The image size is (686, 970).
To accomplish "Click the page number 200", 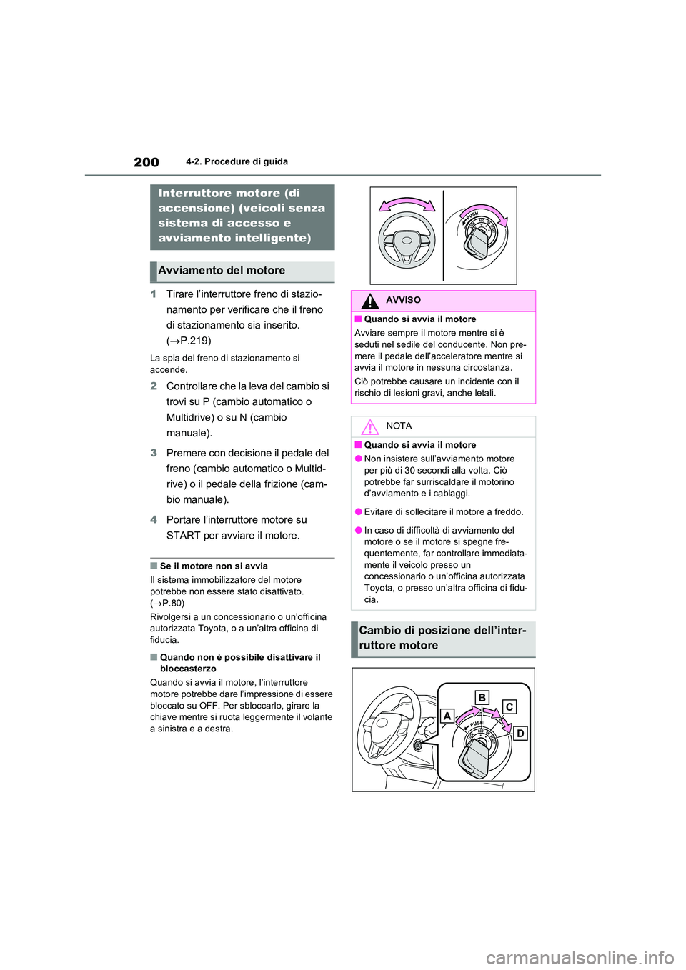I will tap(146, 162).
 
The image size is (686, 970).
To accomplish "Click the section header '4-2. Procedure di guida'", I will tap(237, 161).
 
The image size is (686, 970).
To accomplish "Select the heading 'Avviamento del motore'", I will tap(222, 271).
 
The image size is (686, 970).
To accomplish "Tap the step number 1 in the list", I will tap(154, 294).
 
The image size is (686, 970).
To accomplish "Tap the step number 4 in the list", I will tap(154, 520).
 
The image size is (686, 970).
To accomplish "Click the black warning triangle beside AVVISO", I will tap(369, 301).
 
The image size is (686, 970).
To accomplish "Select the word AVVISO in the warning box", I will tap(403, 300).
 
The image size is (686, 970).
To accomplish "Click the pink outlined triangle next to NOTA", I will tap(369, 427).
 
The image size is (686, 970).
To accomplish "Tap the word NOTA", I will tap(399, 426).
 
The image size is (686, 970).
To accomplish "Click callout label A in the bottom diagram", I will tap(447, 716).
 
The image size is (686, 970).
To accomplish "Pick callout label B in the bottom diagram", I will tap(482, 697).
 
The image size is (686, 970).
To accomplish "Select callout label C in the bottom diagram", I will tap(509, 706).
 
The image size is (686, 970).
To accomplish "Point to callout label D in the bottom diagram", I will tap(520, 733).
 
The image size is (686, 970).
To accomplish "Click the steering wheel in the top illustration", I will tap(407, 241).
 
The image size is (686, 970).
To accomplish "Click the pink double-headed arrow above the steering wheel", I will tap(407, 204).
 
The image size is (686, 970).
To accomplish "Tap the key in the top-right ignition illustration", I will tap(476, 242).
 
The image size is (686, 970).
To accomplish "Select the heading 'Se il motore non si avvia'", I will tap(214, 566).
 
